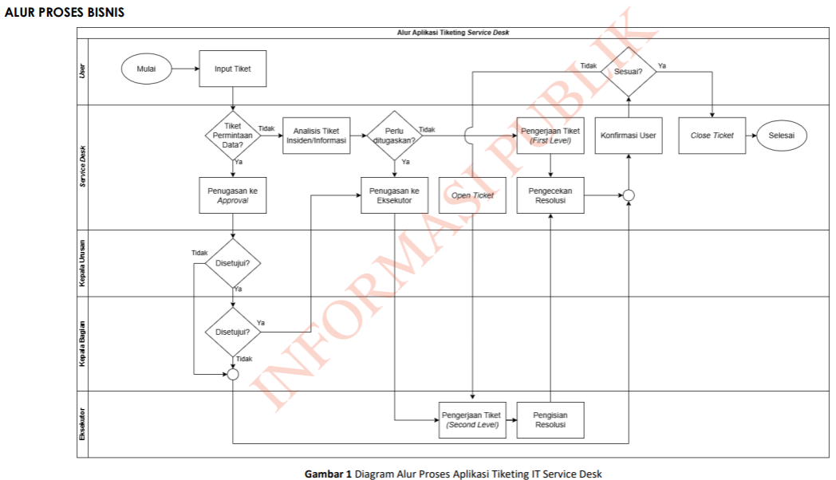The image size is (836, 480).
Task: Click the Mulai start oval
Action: click(146, 69)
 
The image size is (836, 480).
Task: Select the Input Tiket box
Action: click(232, 69)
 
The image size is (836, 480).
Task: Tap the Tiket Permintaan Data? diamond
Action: click(232, 136)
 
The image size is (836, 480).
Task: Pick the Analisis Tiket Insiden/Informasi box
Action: click(316, 136)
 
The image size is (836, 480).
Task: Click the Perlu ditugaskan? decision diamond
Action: click(394, 136)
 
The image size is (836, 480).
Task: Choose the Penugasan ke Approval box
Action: click(232, 196)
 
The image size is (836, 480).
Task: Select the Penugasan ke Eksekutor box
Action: click(394, 196)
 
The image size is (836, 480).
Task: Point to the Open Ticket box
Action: click(472, 195)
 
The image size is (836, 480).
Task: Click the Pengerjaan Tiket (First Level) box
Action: click(550, 136)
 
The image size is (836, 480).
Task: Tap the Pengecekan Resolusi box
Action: click(550, 196)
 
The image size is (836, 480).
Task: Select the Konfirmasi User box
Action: click(628, 136)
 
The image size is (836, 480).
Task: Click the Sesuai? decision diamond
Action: click(628, 70)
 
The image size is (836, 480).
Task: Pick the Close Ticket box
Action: click(712, 136)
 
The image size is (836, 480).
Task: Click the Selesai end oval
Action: click(781, 136)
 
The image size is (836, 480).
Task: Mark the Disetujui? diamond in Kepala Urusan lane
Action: click(232, 262)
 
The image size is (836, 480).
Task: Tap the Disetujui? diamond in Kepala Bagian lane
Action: click(232, 332)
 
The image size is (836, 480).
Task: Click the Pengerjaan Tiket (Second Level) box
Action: click(472, 419)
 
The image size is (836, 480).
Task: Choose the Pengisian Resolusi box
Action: click(550, 419)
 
